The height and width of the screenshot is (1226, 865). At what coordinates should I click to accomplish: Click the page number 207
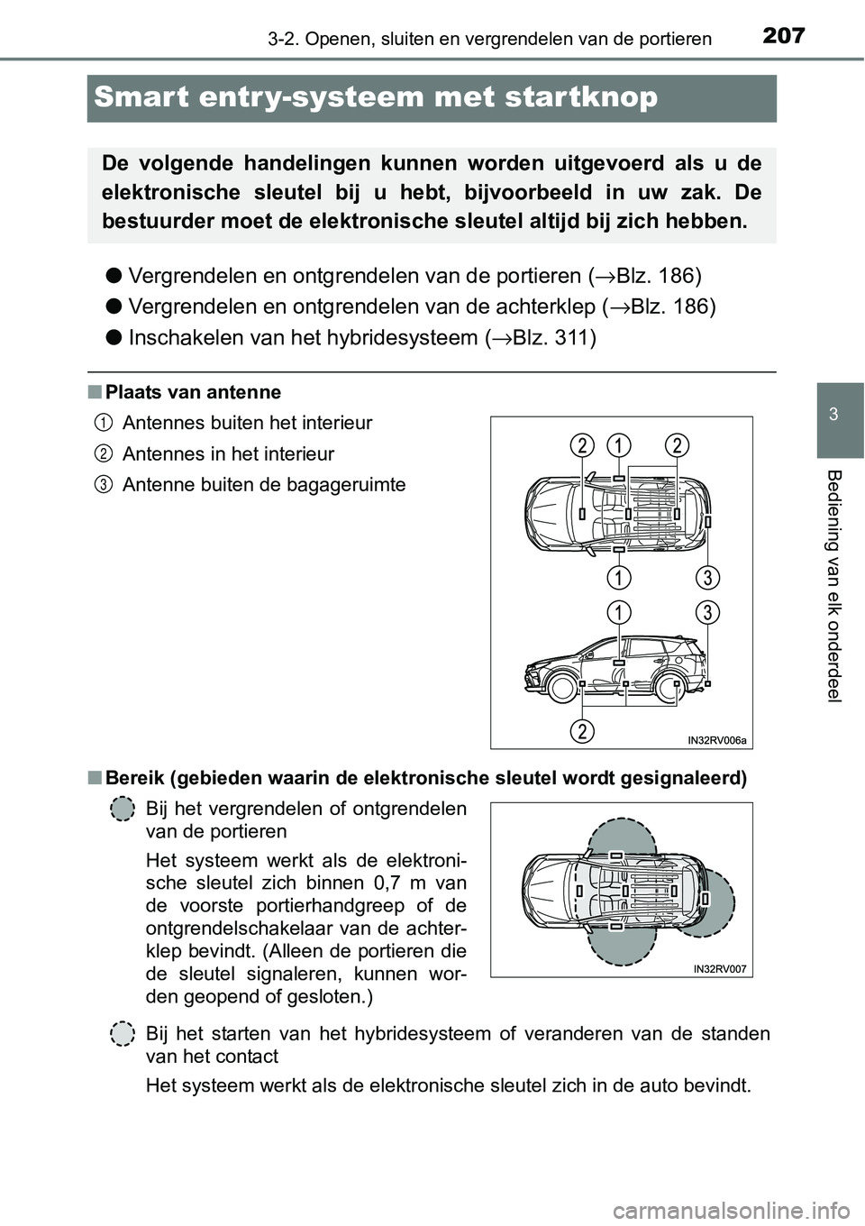[x=783, y=36]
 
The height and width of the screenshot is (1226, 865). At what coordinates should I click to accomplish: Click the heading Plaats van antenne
[x=193, y=392]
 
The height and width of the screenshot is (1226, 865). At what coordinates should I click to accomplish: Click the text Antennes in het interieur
[x=228, y=453]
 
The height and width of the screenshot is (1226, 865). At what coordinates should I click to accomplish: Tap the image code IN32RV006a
[x=716, y=740]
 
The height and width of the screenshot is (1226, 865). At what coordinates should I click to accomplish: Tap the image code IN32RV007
[x=720, y=968]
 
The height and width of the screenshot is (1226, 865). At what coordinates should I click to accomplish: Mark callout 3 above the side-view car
[x=707, y=612]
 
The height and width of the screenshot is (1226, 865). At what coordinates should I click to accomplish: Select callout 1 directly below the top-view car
[x=618, y=576]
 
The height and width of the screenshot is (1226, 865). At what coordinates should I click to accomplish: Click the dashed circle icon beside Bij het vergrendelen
[x=123, y=810]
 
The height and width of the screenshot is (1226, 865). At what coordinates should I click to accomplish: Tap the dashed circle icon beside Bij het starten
[x=123, y=1033]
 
